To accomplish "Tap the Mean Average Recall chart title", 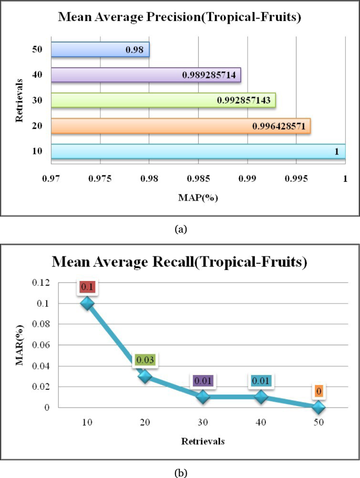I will (180, 262).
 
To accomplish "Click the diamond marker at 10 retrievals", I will (87, 303).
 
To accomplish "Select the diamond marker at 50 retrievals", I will (318, 407).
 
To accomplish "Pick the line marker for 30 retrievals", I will (203, 397).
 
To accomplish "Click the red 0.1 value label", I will (87, 287).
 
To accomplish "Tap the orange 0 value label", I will (318, 391).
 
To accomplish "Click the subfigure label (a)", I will (180, 229).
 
